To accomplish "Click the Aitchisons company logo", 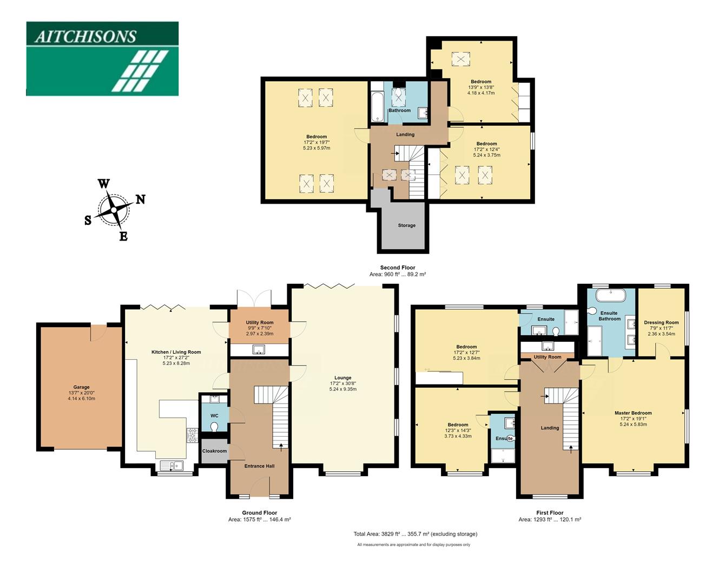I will click(102, 58).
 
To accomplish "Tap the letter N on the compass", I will click(140, 199).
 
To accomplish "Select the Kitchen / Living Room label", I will click(176, 352).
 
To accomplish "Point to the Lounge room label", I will click(342, 378).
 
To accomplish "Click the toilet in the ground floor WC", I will click(214, 426).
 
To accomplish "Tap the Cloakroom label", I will click(214, 451).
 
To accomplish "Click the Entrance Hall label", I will click(259, 466).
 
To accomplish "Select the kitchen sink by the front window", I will click(172, 465).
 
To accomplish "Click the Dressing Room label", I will click(661, 322).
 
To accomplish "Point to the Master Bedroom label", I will click(633, 413).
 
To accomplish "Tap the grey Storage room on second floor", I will click(406, 225).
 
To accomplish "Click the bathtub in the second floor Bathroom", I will click(377, 107).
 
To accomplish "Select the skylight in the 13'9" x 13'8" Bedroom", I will click(461, 58).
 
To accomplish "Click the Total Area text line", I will click(415, 534).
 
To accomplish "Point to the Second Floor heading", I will click(397, 268).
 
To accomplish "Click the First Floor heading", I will click(550, 512).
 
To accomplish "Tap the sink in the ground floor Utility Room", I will click(259, 350).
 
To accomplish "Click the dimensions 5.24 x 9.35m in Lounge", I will click(342, 389).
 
